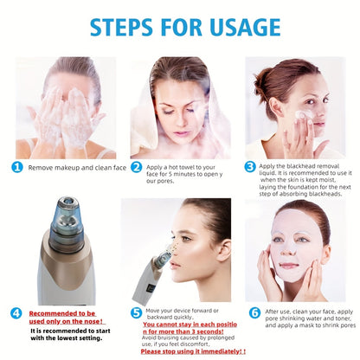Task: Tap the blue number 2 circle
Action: pyautogui.click(x=137, y=168)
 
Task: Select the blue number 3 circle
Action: pyautogui.click(x=249, y=167)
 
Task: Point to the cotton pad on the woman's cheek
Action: pyautogui.click(x=305, y=115)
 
